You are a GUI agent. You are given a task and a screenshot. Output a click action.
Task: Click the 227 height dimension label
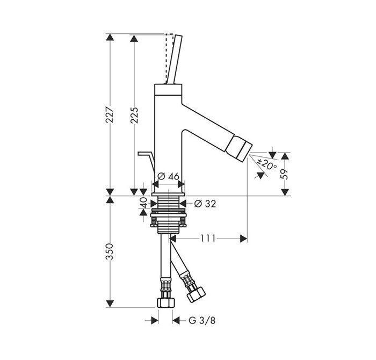point(110,114)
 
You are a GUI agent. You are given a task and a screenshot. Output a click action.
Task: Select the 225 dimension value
point(134,115)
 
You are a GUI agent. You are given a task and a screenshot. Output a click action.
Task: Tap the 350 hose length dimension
point(110,251)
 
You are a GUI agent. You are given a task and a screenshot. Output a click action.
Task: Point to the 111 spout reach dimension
point(208,239)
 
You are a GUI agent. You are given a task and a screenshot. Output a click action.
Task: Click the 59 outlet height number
point(284,175)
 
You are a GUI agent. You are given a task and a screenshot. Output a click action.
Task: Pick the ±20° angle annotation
point(266,164)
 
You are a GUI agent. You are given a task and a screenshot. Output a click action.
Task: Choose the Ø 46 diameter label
point(168,177)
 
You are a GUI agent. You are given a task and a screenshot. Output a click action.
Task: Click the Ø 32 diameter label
point(205,204)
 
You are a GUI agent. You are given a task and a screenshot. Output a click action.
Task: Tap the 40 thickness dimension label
point(143,203)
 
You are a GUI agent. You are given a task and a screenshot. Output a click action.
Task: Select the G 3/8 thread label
point(202,320)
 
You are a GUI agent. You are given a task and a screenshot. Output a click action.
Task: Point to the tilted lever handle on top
point(175,60)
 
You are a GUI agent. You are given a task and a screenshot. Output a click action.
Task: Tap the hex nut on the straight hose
point(166,303)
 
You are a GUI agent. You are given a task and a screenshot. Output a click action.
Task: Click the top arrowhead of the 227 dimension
point(110,37)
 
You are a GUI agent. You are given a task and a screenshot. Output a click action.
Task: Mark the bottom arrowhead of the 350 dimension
point(110,304)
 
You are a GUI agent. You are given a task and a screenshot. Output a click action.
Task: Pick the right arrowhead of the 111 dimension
point(244,239)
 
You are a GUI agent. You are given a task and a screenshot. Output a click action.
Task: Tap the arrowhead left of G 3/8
point(155,320)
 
